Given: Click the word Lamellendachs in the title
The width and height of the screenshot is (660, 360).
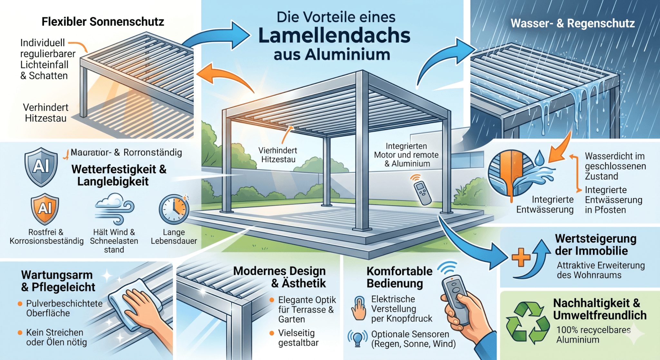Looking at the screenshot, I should pyautogui.click(x=334, y=35).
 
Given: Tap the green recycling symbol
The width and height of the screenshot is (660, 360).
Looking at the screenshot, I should pyautogui.click(x=527, y=322).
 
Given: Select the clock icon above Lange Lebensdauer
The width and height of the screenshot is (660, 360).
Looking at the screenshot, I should pyautogui.click(x=174, y=209).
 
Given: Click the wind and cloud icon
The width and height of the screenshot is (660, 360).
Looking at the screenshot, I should pyautogui.click(x=114, y=208).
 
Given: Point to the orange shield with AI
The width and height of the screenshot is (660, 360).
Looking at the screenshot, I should pyautogui.click(x=45, y=209).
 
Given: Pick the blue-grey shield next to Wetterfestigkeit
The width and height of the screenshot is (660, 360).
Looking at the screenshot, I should pyautogui.click(x=41, y=167).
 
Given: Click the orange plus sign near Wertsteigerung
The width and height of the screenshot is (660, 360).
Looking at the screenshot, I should pyautogui.click(x=521, y=257).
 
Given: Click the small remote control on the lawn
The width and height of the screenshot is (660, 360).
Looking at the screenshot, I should pyautogui.click(x=422, y=193).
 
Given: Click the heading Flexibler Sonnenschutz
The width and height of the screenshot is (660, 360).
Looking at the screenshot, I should pyautogui.click(x=103, y=22).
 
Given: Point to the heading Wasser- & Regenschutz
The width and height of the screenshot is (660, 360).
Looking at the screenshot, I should pyautogui.click(x=573, y=23).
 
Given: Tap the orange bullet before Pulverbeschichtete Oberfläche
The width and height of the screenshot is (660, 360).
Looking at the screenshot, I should pyautogui.click(x=20, y=304).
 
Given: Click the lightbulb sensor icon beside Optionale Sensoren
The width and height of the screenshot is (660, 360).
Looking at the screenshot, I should pyautogui.click(x=357, y=338).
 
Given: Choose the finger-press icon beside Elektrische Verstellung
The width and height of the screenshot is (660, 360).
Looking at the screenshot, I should pyautogui.click(x=359, y=308).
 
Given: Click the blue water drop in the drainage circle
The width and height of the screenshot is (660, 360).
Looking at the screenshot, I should pyautogui.click(x=539, y=158).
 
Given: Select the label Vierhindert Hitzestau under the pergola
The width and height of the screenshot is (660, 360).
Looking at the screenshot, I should pyautogui.click(x=278, y=155).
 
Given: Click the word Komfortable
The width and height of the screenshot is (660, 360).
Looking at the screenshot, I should pyautogui.click(x=399, y=271).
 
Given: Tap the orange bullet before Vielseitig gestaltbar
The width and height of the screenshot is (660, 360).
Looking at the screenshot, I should pyautogui.click(x=272, y=333).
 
